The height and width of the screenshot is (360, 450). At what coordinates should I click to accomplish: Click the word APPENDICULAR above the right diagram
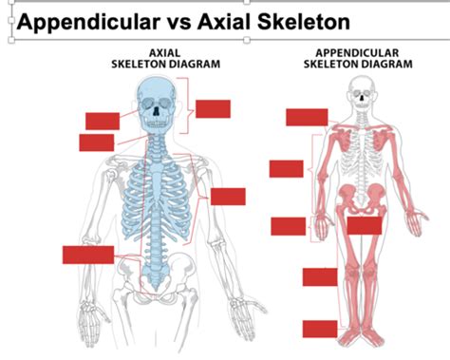358,53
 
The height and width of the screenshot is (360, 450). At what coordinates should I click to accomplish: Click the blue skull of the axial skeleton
157,104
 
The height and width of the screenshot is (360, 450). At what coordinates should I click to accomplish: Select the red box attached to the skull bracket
214,108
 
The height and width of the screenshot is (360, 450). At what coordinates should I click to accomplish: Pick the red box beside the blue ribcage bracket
228,197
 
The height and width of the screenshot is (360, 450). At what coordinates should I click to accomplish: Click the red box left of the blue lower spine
88,255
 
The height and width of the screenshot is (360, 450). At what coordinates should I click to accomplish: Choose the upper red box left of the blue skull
103,121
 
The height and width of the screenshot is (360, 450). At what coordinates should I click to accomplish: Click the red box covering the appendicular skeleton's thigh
364,225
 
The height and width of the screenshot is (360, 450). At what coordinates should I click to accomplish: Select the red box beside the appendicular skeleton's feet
320,329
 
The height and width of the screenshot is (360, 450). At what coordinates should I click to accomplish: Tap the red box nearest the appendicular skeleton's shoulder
307,117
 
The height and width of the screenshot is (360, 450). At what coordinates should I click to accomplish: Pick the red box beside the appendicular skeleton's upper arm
286,169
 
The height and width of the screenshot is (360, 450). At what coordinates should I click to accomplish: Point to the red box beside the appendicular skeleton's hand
288,226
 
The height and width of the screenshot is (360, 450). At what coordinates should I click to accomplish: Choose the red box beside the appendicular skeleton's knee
320,276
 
